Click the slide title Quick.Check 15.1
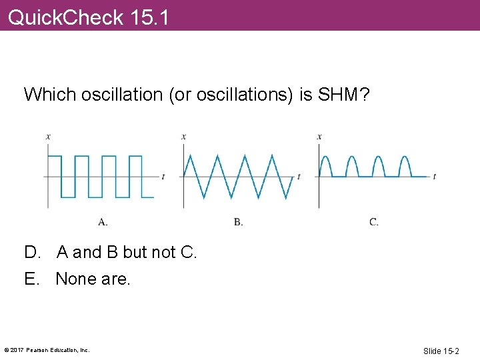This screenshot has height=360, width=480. (88, 16)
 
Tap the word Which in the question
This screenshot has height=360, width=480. (50, 95)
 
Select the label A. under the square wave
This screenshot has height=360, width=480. (103, 222)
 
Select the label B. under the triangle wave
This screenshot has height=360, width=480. (238, 222)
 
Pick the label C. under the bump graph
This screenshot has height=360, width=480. (374, 222)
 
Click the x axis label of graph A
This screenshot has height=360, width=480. (48, 137)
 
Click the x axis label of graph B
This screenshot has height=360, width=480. (184, 137)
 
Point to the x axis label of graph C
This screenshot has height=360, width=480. (319, 137)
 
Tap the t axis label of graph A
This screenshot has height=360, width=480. (163, 176)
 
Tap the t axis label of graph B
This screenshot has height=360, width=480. (299, 176)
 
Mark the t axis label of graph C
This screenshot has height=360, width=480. (435, 176)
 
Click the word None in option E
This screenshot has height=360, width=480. (76, 279)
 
